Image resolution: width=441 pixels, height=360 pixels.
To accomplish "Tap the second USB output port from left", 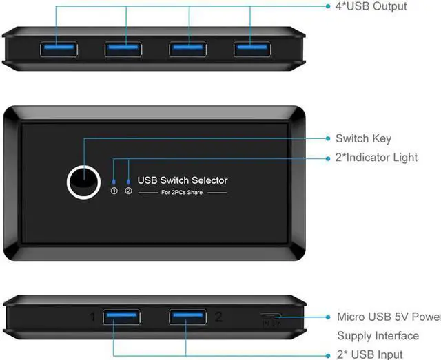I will (123, 49).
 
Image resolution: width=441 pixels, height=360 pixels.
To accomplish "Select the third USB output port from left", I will (187, 49).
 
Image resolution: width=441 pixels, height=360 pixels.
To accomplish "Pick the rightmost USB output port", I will (252, 49).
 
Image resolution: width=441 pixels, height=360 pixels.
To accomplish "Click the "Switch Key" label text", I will (363, 139).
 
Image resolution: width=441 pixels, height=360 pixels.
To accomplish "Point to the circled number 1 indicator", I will (114, 191).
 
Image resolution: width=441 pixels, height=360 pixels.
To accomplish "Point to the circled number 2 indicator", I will (128, 191).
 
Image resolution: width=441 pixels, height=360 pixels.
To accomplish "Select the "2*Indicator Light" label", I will (376, 158).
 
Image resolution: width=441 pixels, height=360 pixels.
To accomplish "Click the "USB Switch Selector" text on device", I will (183, 180).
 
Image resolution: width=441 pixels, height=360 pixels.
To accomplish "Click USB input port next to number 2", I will (187, 317).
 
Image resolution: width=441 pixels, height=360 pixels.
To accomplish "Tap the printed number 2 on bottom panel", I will (218, 317).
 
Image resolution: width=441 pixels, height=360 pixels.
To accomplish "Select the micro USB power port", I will (270, 316).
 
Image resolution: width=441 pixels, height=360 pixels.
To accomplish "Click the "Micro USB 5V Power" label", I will (388, 317).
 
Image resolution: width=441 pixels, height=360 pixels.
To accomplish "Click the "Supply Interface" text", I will (378, 336).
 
